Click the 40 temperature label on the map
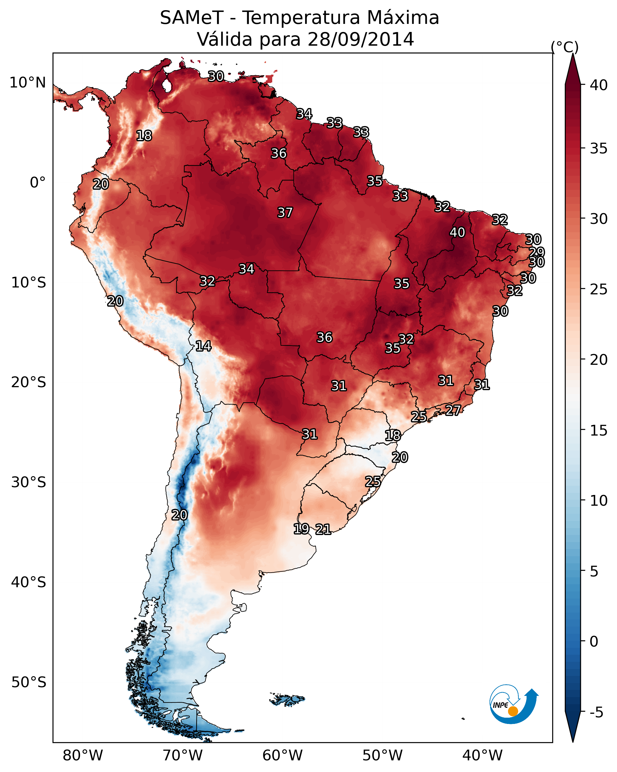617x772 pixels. [x=457, y=232]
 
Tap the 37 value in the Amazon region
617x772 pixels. [x=285, y=213]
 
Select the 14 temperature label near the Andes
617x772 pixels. [x=203, y=346]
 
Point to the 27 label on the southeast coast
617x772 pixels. [x=453, y=410]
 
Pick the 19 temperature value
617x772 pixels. [x=301, y=528]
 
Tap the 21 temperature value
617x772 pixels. [x=323, y=529]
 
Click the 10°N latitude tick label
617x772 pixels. [x=27, y=83]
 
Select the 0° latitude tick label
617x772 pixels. [x=38, y=183]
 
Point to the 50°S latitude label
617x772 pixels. [x=29, y=682]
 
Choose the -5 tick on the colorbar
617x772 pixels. [x=596, y=713]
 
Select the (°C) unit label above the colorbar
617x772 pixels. [x=565, y=47]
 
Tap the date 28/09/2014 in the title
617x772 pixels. [x=361, y=39]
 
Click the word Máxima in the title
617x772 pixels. [x=402, y=18]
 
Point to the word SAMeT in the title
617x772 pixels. [x=192, y=18]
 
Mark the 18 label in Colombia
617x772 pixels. [x=144, y=136]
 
